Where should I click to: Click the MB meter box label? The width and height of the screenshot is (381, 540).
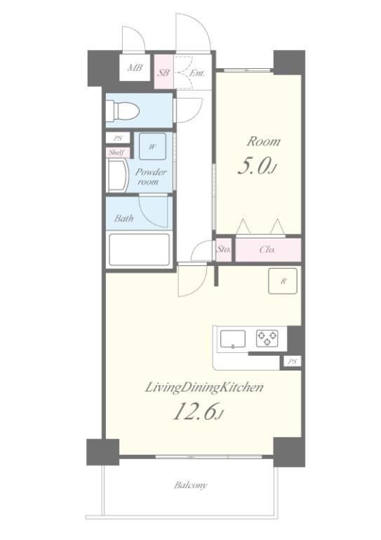[135, 67]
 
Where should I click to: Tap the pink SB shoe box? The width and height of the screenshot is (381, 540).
[164, 72]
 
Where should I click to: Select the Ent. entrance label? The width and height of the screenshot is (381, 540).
[197, 73]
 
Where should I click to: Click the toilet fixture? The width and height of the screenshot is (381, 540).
[122, 110]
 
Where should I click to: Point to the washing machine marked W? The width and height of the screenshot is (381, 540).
[152, 146]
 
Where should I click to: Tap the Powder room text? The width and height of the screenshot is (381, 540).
[150, 176]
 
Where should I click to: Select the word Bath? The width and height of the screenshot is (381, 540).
[123, 218]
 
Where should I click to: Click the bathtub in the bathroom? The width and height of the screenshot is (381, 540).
[139, 250]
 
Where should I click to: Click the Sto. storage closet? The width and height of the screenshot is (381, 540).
[223, 249]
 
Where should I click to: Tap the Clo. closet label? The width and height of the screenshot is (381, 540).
[267, 250]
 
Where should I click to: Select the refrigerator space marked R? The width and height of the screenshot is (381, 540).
[283, 281]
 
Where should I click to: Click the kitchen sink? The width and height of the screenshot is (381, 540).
[233, 339]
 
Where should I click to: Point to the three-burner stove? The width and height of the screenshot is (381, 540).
[267, 338]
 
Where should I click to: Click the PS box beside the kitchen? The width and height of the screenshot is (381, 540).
[292, 361]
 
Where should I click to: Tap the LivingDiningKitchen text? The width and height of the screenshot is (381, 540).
[204, 388]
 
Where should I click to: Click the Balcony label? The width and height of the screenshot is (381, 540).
[191, 486]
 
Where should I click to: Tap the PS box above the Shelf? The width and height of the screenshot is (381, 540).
[118, 139]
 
